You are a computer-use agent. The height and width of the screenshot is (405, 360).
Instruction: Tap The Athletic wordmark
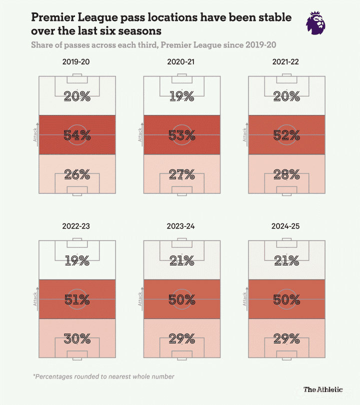(x=323, y=389)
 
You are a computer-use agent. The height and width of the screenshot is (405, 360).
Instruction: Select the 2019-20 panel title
(x=76, y=63)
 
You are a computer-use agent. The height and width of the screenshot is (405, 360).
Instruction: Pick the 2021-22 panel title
(x=286, y=63)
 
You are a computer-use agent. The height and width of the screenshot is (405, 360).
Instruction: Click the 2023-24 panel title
(x=181, y=226)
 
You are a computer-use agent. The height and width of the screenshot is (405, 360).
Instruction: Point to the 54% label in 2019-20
(x=77, y=135)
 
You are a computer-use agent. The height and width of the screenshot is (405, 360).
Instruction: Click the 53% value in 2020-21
(x=181, y=135)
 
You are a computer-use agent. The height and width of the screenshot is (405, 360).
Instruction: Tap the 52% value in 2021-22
(x=286, y=135)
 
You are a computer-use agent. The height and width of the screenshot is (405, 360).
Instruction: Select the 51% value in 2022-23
(x=77, y=299)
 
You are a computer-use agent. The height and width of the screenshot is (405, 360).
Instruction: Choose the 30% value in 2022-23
(x=77, y=338)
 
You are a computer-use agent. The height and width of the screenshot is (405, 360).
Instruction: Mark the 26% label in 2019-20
(x=77, y=174)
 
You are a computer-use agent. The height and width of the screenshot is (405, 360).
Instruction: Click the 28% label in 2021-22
(x=286, y=174)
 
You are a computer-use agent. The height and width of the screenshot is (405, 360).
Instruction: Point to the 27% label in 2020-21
(x=181, y=174)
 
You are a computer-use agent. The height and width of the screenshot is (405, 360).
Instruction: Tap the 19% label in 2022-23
(x=77, y=260)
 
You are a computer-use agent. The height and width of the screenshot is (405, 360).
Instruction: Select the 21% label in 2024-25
(x=286, y=260)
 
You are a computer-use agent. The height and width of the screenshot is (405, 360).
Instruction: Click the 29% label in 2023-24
(x=181, y=338)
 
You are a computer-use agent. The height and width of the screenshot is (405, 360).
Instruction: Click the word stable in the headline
(x=273, y=18)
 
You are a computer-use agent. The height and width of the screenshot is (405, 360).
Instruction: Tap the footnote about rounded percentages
(x=103, y=376)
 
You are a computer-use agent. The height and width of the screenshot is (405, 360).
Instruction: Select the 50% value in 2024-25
(x=286, y=299)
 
